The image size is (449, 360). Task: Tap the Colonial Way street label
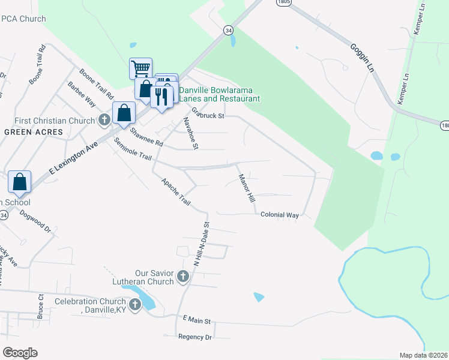pos(279,215)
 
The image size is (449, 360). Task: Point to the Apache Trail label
pos(175,192)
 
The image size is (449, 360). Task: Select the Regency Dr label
pos(195,337)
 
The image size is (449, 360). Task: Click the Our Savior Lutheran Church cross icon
pos(183,277)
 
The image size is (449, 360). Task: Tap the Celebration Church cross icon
pos(135,305)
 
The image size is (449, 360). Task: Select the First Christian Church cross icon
pos(104,120)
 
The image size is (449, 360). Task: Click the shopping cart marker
pos(140,68)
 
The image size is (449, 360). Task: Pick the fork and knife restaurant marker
pos(161,95)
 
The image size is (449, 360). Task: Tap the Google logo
pos(20,353)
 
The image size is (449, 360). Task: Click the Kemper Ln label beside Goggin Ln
pos(406,89)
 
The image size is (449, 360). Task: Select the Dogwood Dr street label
pos(35,221)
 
